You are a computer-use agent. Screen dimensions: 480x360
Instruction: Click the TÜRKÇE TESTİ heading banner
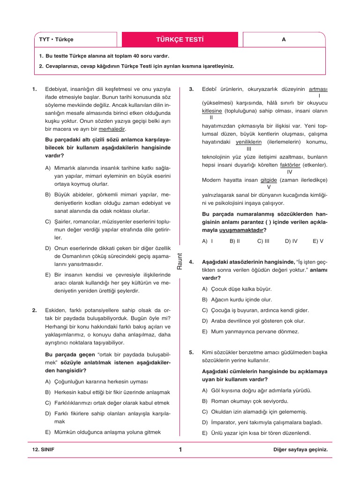click(180, 39)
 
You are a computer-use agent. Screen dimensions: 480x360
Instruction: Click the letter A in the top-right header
click(284, 40)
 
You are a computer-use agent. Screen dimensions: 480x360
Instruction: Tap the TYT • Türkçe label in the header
click(56, 40)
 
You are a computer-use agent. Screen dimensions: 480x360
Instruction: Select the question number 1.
click(35, 89)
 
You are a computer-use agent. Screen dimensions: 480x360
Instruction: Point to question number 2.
click(35, 310)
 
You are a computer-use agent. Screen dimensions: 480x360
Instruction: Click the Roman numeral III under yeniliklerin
click(249, 149)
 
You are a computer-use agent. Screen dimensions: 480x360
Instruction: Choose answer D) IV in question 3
click(291, 241)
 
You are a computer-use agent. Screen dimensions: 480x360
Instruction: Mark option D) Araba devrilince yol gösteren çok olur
click(253, 321)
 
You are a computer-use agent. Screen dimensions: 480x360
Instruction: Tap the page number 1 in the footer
click(180, 450)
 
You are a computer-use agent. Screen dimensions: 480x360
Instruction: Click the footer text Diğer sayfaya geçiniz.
click(300, 450)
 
